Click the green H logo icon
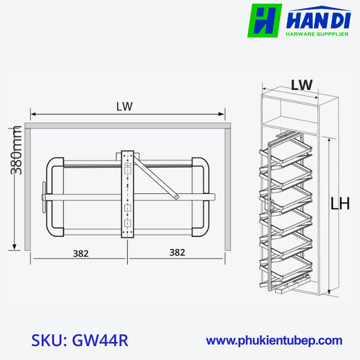tap(265, 21)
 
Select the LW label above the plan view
tap(124, 106)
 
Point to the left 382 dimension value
tap(80, 253)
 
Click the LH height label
tap(340, 204)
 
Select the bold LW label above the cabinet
tap(301, 85)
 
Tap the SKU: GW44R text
tap(79, 340)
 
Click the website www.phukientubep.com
tap(274, 340)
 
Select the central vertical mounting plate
tap(127, 194)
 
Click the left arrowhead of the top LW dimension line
tap(32, 114)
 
